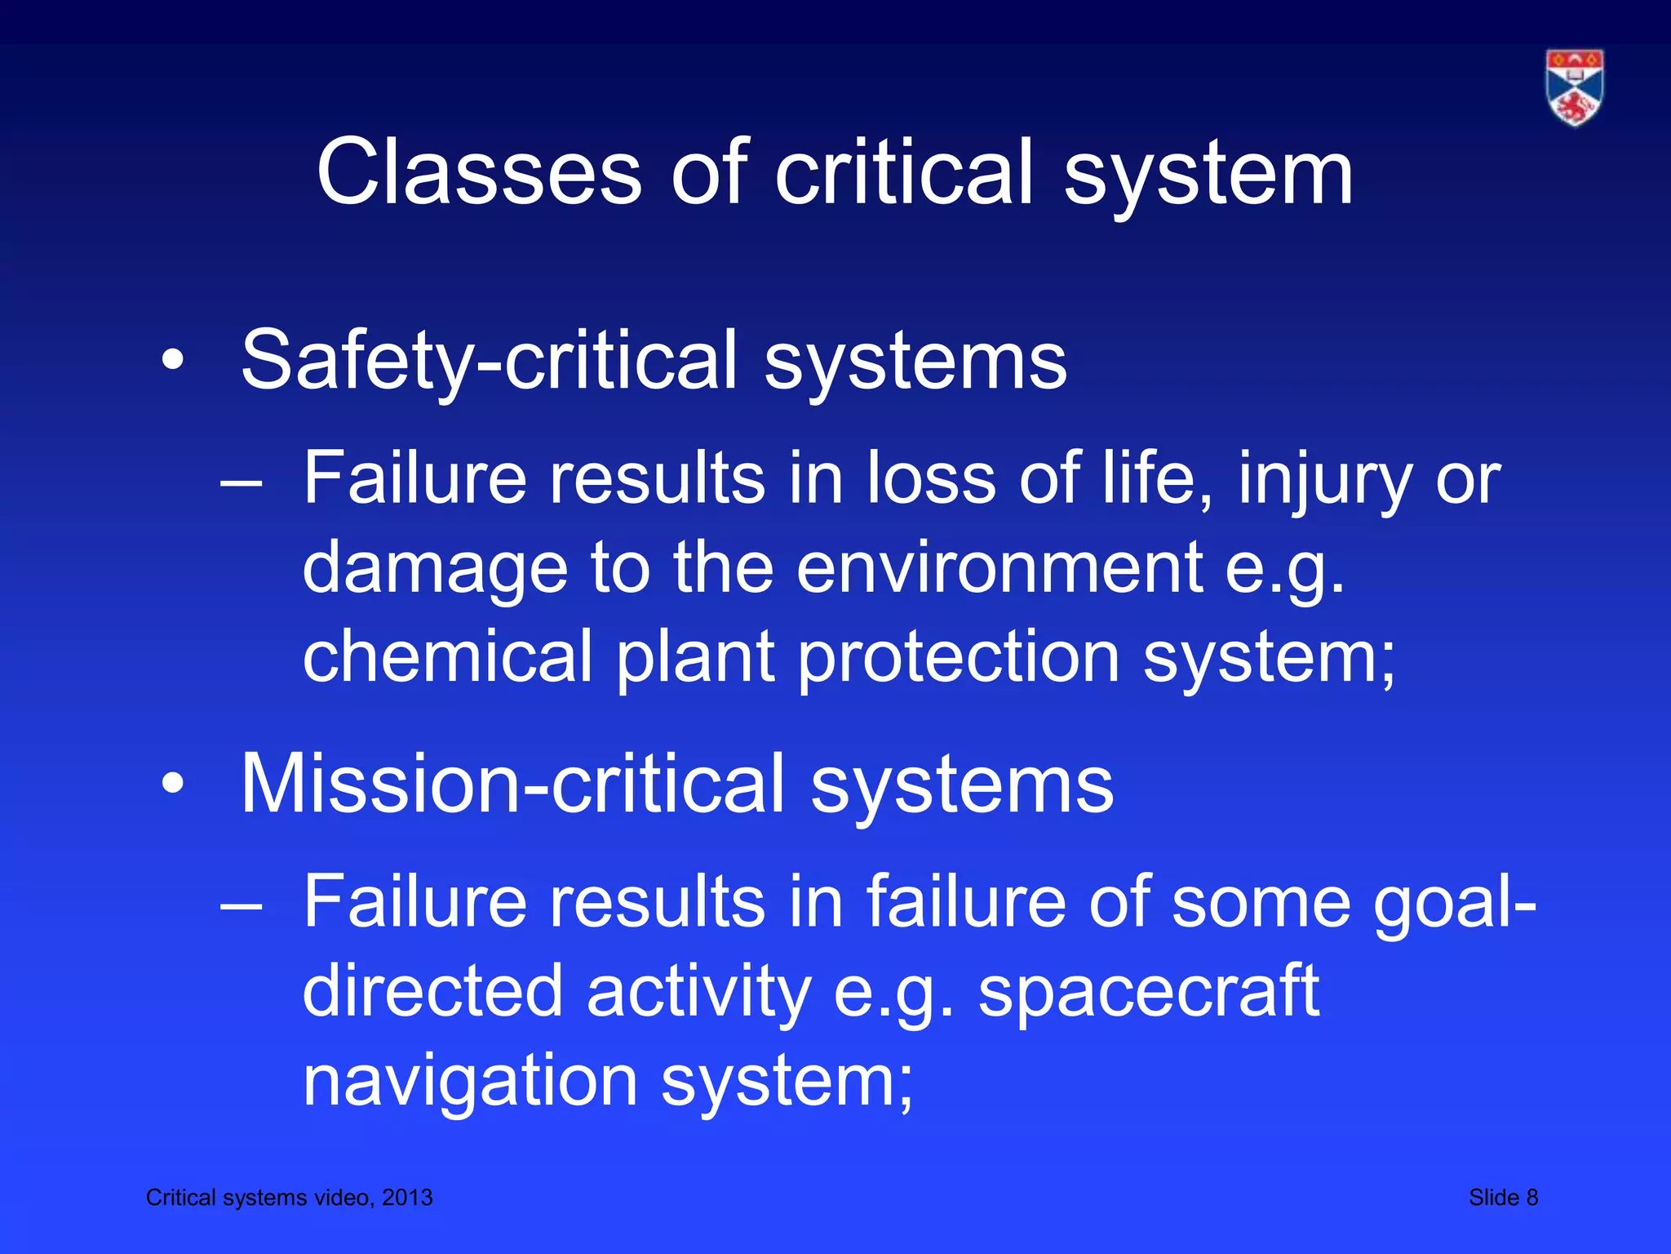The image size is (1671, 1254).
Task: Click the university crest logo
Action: [1574, 88]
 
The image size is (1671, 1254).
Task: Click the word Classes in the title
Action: [479, 172]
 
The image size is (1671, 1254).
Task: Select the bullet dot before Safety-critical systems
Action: [172, 360]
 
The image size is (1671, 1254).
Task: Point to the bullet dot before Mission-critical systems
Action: [172, 784]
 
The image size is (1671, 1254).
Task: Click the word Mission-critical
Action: [515, 784]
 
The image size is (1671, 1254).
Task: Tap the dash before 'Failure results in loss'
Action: [242, 481]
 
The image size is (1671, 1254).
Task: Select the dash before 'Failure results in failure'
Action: [242, 905]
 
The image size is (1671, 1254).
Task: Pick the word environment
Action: [999, 568]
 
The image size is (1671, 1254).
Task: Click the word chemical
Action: [447, 656]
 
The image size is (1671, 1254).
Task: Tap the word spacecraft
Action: [1148, 991]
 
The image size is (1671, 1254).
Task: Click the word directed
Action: [432, 991]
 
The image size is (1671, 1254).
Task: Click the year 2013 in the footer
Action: [407, 1198]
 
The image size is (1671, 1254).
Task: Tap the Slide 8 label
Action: [1503, 1198]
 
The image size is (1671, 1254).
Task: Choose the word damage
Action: [434, 570]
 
